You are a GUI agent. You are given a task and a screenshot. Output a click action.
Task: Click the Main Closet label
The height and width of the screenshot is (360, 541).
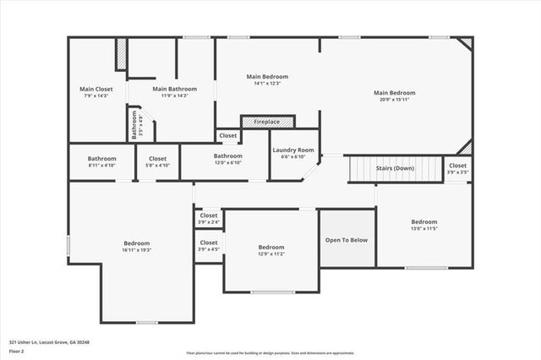pyautogui.click(x=96, y=89)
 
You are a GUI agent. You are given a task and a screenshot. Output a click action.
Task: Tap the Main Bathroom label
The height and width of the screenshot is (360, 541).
pyautogui.click(x=175, y=89)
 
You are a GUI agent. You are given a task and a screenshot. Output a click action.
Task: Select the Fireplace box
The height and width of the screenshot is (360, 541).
pyautogui.click(x=267, y=122)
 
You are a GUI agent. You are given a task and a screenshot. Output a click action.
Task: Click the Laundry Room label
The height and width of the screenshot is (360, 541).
pyautogui.click(x=293, y=150)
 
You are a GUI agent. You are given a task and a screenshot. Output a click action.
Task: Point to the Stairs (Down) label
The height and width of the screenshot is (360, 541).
pyautogui.click(x=396, y=168)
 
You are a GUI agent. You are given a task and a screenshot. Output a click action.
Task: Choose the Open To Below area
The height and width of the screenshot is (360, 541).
pyautogui.click(x=347, y=240)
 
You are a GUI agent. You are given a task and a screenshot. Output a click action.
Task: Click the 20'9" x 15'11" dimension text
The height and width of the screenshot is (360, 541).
pyautogui.click(x=395, y=100)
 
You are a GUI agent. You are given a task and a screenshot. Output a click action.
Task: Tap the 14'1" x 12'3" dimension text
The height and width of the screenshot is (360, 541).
pyautogui.click(x=267, y=83)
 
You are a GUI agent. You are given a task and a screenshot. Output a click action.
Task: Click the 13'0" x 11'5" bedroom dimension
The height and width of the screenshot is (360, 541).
pyautogui.click(x=424, y=229)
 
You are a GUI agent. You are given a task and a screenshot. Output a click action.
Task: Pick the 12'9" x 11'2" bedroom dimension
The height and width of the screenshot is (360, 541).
pyautogui.click(x=271, y=254)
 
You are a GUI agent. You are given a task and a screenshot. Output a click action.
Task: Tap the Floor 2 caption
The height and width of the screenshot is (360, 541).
pyautogui.click(x=16, y=350)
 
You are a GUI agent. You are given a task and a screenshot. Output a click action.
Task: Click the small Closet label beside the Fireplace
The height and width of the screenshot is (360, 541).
pyautogui.click(x=228, y=135)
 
